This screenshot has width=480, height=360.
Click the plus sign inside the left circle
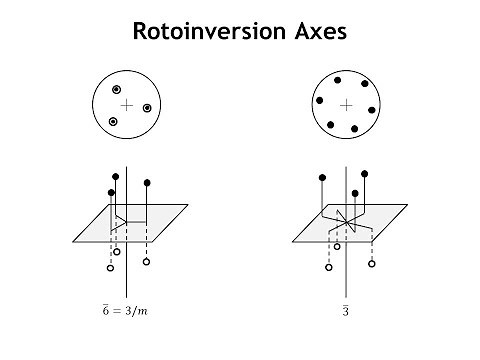click(126, 104)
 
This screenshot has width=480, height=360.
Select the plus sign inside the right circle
click(346, 105)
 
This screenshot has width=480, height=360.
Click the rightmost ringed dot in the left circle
click(147, 108)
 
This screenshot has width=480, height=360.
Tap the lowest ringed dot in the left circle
click(113, 122)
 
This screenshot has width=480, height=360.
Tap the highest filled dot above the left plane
click(117, 176)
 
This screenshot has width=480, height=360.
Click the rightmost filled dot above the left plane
click(147, 182)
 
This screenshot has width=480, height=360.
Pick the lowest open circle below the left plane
click(110, 268)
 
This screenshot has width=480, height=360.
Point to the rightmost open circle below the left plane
click(147, 262)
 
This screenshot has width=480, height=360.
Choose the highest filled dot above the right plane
click(363, 172)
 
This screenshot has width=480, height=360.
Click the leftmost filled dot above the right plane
click(321, 180)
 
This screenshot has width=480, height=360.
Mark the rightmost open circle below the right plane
click(372, 264)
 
